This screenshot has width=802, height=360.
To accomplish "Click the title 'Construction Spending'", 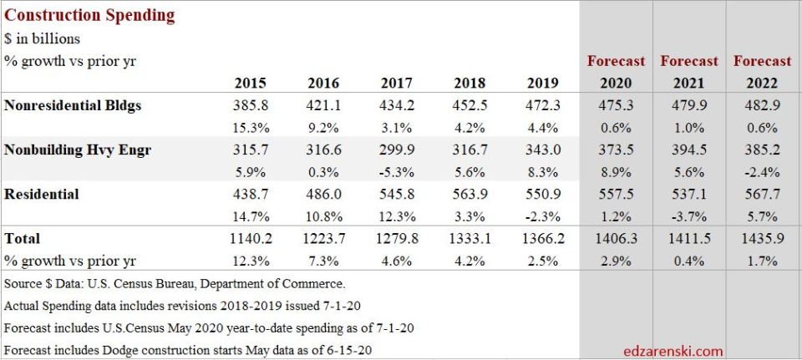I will [x=89, y=15].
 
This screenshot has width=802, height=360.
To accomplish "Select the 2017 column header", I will [x=397, y=84].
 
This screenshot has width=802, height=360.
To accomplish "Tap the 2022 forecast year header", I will [x=762, y=84].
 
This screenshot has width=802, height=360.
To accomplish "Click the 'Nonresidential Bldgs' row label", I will [x=73, y=106].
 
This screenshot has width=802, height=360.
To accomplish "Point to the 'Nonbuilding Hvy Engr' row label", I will [x=78, y=150].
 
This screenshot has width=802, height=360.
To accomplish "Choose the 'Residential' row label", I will [x=42, y=195].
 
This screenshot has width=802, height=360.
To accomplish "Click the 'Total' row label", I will [x=23, y=239].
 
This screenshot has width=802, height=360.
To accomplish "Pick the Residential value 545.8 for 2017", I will [x=397, y=195].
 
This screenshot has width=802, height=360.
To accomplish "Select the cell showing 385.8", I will [x=251, y=106].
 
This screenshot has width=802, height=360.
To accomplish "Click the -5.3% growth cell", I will [x=397, y=172].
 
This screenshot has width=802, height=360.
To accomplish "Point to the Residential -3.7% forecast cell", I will [x=689, y=216].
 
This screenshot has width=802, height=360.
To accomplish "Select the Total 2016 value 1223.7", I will [x=323, y=239].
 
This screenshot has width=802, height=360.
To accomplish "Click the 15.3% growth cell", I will [x=251, y=128].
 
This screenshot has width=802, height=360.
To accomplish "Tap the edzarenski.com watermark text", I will [x=673, y=351].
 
